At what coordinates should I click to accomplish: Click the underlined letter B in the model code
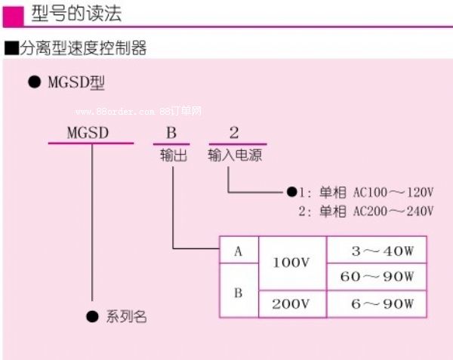pyautogui.click(x=171, y=134)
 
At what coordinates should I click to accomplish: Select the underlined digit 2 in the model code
pyautogui.click(x=234, y=134)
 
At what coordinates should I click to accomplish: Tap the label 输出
pyautogui.click(x=172, y=155)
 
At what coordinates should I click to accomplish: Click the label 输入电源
pyautogui.click(x=236, y=155)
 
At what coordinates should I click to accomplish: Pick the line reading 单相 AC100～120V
pyautogui.click(x=376, y=192)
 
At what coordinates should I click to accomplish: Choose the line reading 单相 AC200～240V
pyautogui.click(x=376, y=211)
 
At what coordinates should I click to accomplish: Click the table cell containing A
pyautogui.click(x=238, y=251)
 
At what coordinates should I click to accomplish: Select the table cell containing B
pyautogui.click(x=238, y=291)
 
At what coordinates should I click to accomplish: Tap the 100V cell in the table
pyautogui.click(x=291, y=263)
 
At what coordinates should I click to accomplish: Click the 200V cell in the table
pyautogui.click(x=291, y=304)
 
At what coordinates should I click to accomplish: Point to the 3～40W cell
pyautogui.click(x=377, y=251)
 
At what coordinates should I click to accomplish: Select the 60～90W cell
pyautogui.click(x=377, y=277)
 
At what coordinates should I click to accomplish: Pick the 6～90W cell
pyautogui.click(x=377, y=304)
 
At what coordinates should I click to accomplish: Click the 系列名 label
pyautogui.click(x=125, y=317)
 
